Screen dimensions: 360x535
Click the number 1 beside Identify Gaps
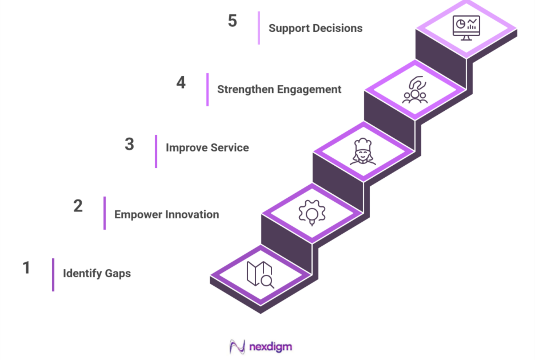point(26,267)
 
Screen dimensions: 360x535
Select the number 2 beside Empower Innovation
point(78,206)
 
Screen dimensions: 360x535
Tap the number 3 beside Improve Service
point(129,144)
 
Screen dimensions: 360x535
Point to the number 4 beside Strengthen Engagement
point(181,82)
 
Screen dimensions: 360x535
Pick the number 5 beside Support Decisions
point(232,21)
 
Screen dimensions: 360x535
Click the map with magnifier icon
point(261,274)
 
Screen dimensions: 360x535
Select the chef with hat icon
point(363,151)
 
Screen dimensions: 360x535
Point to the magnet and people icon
point(414,90)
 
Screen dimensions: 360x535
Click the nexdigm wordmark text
point(270,346)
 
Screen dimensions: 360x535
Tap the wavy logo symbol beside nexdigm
point(237,347)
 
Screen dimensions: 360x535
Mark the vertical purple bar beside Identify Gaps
point(53,274)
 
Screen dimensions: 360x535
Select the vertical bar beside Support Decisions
point(259,27)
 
